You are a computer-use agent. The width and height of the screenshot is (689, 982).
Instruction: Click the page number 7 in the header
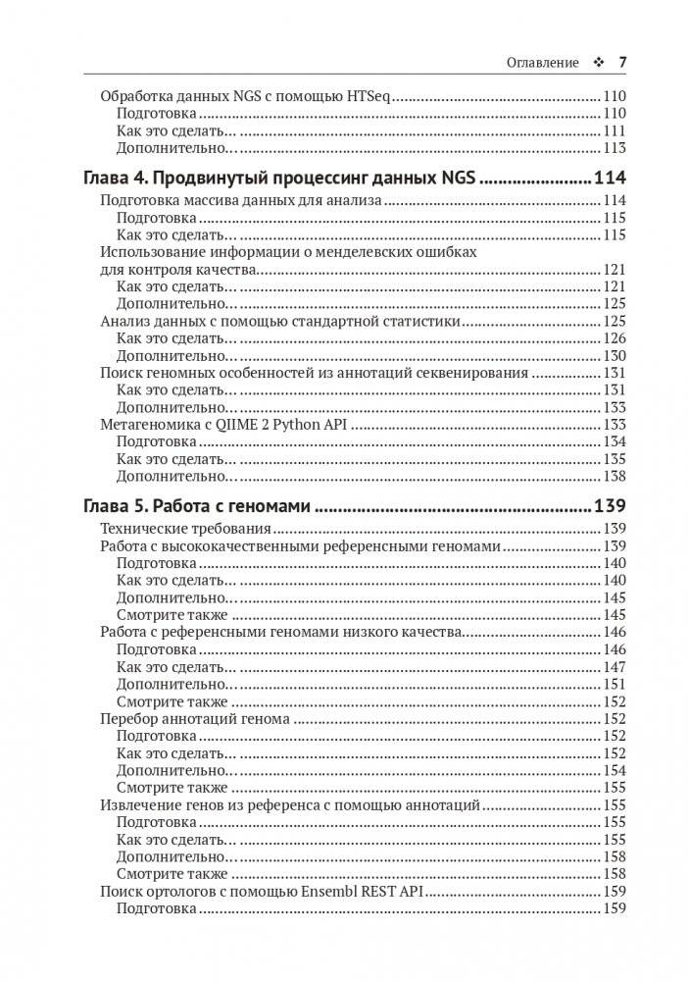pyautogui.click(x=621, y=62)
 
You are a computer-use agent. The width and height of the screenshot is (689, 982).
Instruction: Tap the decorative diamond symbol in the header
pyautogui.click(x=599, y=62)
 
